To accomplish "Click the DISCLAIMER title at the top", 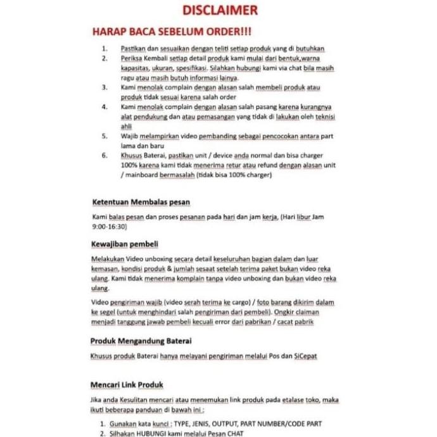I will pos(219,10).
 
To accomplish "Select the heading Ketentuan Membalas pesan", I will pos(141,202).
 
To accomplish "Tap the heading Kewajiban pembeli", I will pos(125,244).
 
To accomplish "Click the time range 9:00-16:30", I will pos(110,225).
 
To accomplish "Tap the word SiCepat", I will pos(304,356).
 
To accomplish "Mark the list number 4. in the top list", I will pos(105,107).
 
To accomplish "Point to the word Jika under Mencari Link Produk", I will pos(98,400).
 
